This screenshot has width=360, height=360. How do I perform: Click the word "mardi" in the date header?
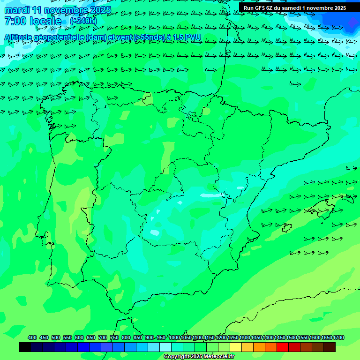coord(16,10)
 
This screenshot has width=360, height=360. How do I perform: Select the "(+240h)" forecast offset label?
coord(83,21)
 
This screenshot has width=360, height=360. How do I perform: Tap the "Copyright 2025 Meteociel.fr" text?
coord(199,357)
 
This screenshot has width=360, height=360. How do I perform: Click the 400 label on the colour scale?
coord(32,338)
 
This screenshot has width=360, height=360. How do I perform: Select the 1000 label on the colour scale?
coord(174,338)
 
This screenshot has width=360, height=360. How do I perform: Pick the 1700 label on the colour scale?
coord(339,338)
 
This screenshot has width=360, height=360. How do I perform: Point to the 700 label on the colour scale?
coord(103,338)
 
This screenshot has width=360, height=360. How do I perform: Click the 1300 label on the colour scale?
coord(245,338)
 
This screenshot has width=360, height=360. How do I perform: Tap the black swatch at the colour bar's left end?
coord(25,347)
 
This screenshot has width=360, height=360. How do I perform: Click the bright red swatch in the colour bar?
coord(283,347)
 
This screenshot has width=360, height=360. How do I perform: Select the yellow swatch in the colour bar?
coord(236,347)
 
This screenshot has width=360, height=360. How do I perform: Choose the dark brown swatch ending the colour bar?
coord(330,347)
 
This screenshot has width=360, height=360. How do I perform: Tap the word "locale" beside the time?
coord(45,22)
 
